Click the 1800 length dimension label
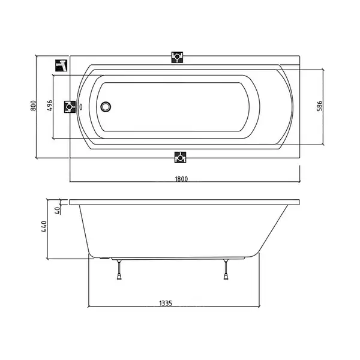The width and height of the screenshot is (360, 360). tap(181, 179)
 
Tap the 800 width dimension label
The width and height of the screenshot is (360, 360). tap(33, 106)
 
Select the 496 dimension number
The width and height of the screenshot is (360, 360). tap(50, 106)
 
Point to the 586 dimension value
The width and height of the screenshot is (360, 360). tap(319, 106)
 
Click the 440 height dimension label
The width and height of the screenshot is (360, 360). tap(44, 227)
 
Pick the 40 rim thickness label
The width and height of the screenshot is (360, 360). tap(58, 211)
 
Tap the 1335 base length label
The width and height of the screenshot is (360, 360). tap(166, 303)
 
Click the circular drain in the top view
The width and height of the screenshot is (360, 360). tap(106, 107)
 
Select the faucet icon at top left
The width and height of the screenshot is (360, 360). tap(61, 65)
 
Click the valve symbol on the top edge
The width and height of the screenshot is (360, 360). tap(177, 57)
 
